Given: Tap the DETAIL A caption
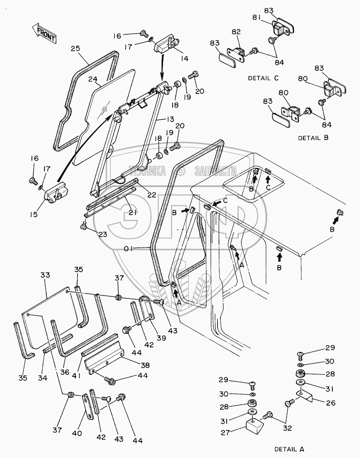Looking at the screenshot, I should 289,449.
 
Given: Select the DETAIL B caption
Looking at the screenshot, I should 313,138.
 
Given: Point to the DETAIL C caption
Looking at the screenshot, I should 263,78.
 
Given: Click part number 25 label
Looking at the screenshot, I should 75,48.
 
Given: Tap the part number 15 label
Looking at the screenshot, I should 34,214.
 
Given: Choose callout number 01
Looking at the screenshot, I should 128,248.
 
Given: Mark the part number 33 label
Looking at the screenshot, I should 45,275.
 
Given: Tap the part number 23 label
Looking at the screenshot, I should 103,234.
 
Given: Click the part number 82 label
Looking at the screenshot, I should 236,32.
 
